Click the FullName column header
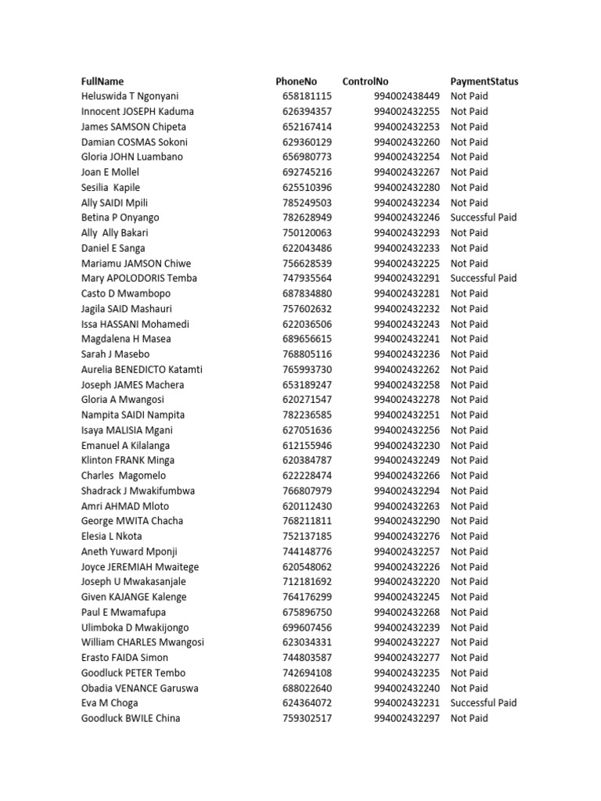(103, 81)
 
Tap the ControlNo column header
(365, 81)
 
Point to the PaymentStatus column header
(484, 81)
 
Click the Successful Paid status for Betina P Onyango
(484, 217)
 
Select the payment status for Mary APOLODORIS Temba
(484, 278)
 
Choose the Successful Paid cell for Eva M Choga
(484, 703)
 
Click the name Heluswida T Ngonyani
(130, 96)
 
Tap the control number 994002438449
(407, 96)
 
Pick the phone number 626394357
(308, 112)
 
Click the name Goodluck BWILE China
(131, 718)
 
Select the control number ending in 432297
(407, 718)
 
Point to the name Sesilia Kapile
(110, 188)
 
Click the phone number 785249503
(308, 203)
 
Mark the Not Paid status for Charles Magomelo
(470, 476)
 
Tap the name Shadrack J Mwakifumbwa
(139, 491)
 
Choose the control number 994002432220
(407, 582)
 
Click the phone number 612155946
(308, 445)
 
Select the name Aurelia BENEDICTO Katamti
(142, 369)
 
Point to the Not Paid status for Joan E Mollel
(470, 172)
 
